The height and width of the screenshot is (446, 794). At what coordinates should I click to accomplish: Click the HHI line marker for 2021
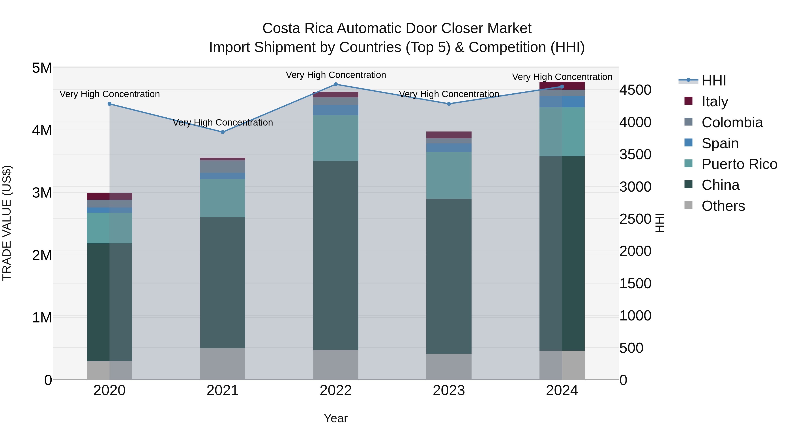click(x=223, y=132)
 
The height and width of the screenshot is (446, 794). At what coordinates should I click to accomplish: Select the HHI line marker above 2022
click(x=336, y=84)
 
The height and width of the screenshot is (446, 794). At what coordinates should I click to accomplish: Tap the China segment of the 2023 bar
click(x=449, y=276)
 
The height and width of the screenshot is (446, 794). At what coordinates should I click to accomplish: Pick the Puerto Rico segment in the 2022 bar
click(x=336, y=138)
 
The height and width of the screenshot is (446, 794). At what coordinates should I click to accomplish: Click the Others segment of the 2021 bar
click(x=223, y=364)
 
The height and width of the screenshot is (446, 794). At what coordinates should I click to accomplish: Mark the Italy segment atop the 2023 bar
click(x=449, y=135)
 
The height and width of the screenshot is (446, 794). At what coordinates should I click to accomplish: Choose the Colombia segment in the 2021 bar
click(x=223, y=167)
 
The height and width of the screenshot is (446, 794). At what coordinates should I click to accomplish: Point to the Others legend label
click(x=723, y=206)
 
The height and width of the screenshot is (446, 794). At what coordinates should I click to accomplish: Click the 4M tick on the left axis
click(x=42, y=130)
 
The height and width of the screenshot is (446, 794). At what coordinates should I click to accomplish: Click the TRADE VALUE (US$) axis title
click(x=7, y=223)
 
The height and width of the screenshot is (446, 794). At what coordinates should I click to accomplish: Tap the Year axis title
click(x=336, y=418)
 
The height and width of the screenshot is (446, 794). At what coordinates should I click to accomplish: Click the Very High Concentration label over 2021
click(x=223, y=122)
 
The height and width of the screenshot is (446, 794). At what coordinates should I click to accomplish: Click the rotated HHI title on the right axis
click(x=659, y=223)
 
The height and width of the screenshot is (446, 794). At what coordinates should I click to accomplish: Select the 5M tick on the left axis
click(x=42, y=68)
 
